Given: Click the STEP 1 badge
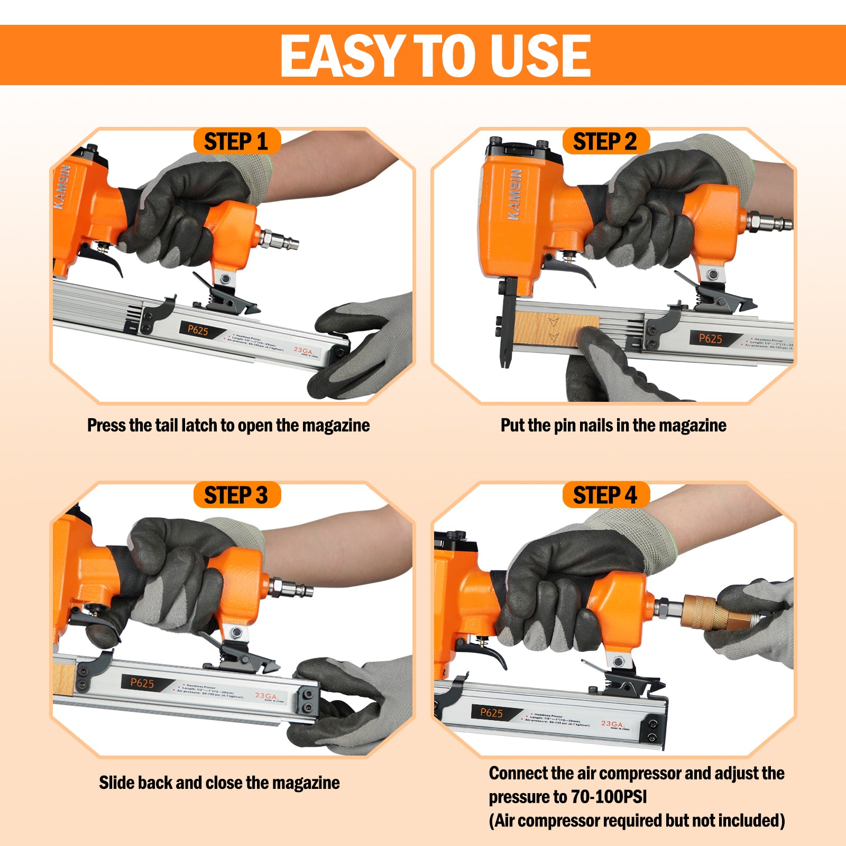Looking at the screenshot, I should point(236,142).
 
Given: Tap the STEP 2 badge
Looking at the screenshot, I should point(605,142).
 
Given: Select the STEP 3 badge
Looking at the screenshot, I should point(236,495).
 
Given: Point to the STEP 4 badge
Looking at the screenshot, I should point(605,495).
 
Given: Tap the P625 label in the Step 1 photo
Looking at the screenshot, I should point(198,330).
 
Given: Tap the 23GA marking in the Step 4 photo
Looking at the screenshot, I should point(612,723).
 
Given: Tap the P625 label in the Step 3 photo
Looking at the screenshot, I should point(142,683).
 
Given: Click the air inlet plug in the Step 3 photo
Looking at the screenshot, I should point(291,588).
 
